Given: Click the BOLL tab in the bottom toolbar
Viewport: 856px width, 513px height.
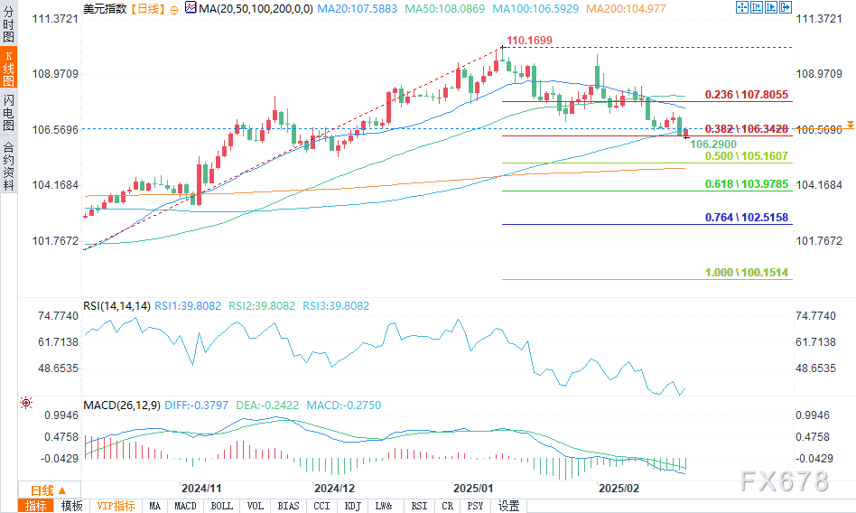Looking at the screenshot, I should tap(220, 506).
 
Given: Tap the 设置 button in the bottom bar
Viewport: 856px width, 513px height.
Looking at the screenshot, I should tap(508, 506).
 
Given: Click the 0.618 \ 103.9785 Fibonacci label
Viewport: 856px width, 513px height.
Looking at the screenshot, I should tap(747, 184).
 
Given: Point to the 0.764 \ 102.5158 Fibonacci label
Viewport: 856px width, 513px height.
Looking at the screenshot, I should tap(747, 218).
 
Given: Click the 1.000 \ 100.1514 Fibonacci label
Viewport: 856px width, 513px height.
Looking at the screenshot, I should tap(747, 273).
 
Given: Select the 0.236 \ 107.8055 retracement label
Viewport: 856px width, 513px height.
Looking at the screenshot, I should tap(747, 94).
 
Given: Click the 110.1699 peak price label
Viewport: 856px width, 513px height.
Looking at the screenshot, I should tap(529, 41).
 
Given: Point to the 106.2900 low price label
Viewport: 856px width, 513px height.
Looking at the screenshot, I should tap(713, 144).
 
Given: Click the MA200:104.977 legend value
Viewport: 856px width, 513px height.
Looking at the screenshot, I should tap(616, 7).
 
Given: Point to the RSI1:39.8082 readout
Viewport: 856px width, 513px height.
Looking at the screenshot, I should tap(188, 306).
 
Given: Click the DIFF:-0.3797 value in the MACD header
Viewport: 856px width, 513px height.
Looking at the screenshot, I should tap(199, 405).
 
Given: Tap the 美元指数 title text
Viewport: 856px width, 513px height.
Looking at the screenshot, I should tap(104, 7).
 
